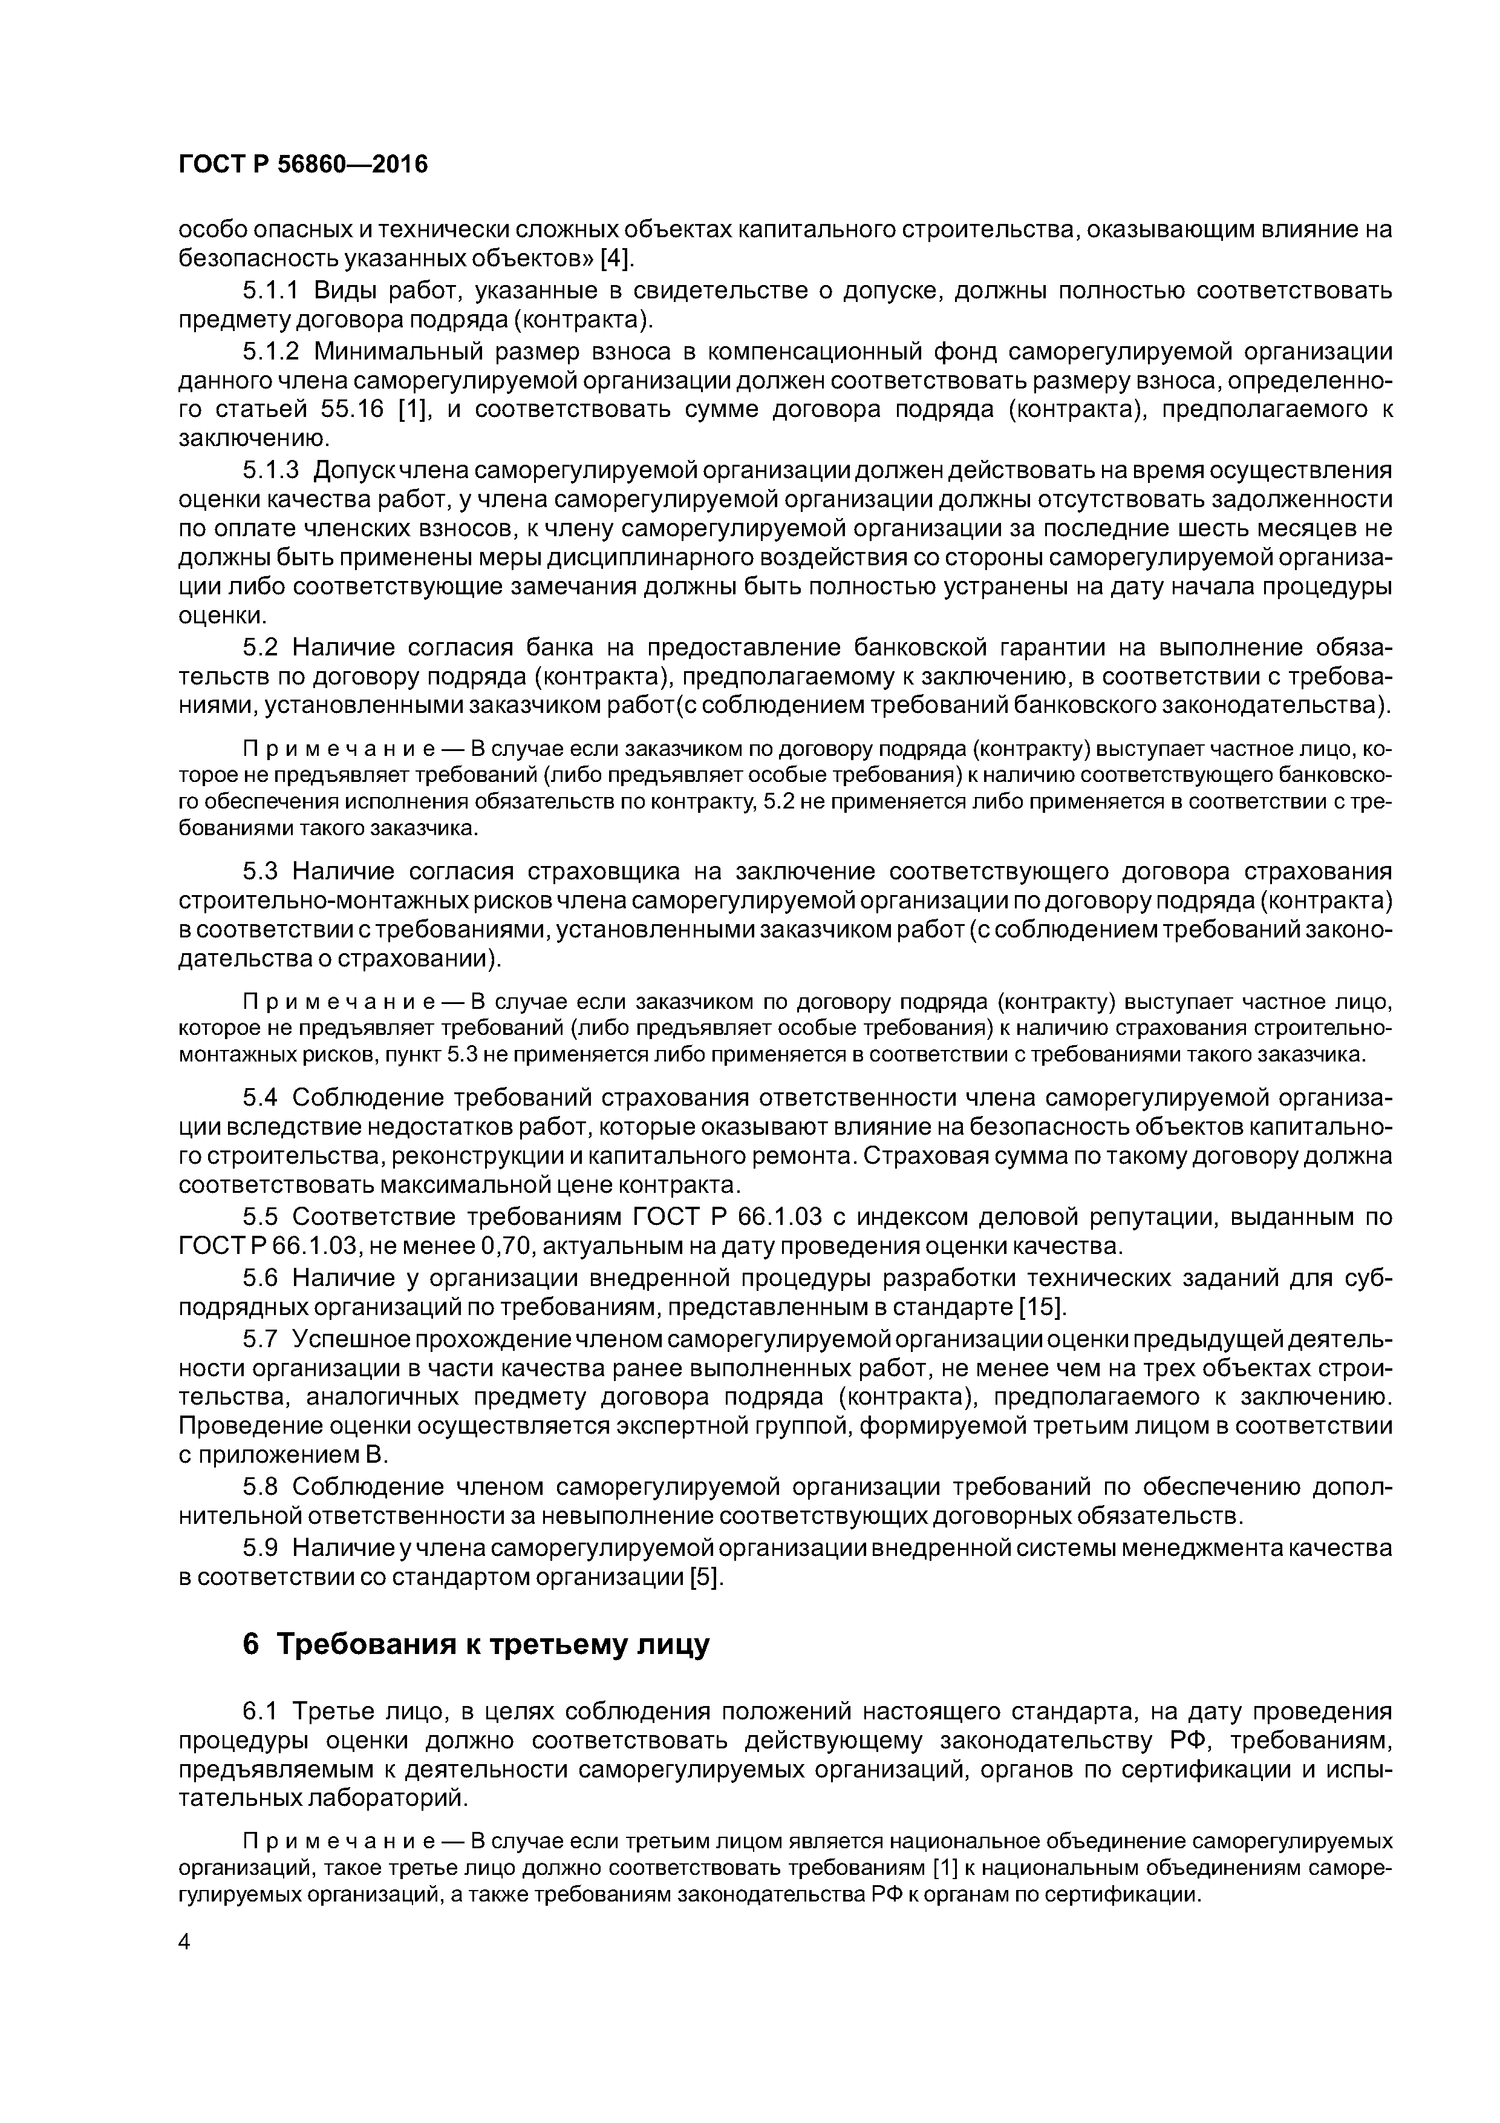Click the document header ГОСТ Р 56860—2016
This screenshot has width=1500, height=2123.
point(303,165)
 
